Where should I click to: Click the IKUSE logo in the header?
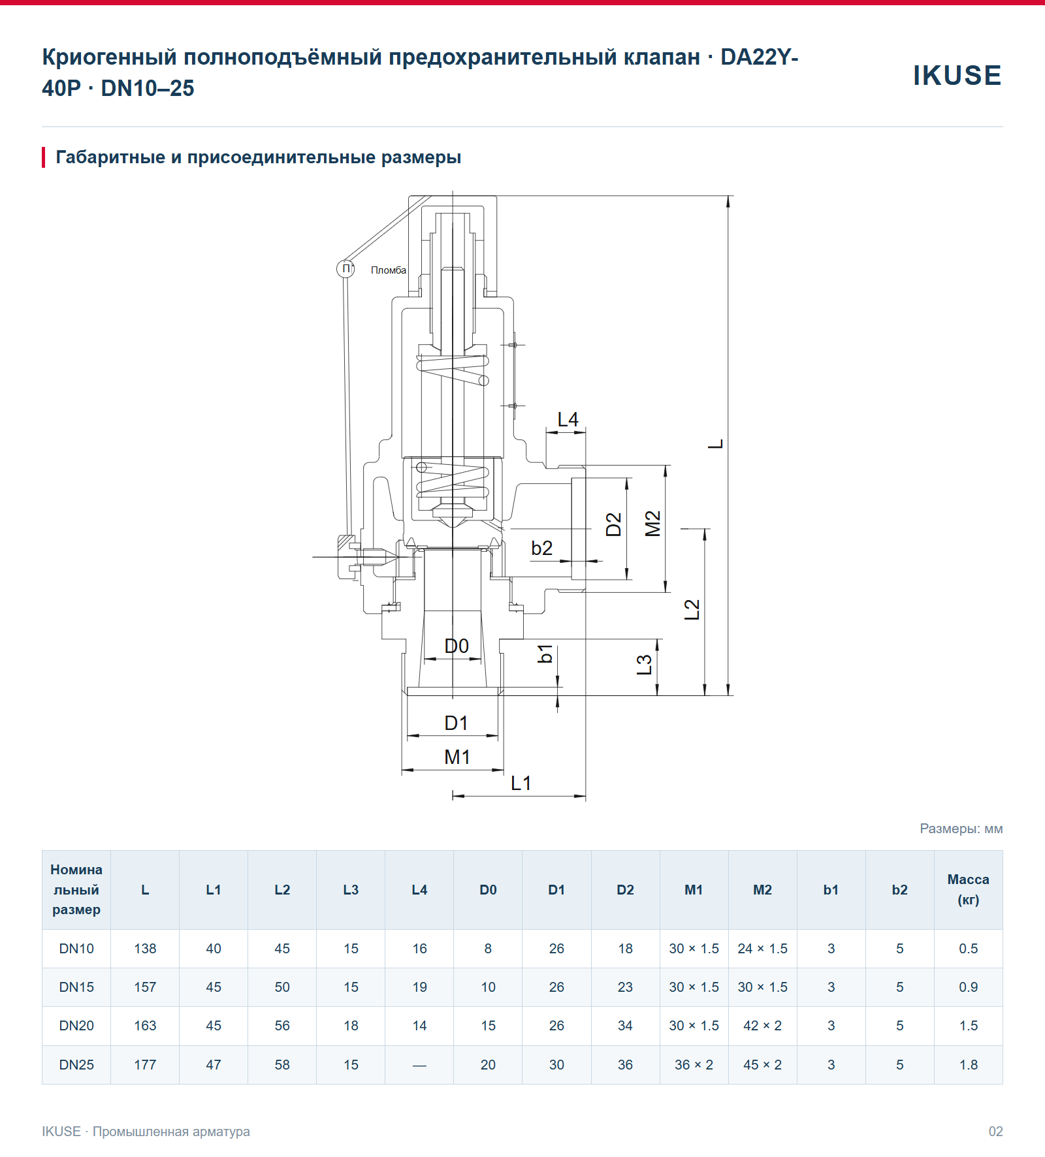(957, 75)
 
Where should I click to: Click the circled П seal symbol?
(346, 268)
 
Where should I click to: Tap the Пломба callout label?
(389, 270)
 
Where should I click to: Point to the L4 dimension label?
(568, 419)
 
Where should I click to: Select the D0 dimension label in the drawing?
(457, 646)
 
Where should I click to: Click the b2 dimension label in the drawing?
(541, 548)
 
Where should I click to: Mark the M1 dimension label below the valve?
(457, 757)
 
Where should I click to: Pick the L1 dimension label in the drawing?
(521, 783)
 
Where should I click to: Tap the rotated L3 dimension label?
(645, 665)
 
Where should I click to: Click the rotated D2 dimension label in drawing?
(614, 524)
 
